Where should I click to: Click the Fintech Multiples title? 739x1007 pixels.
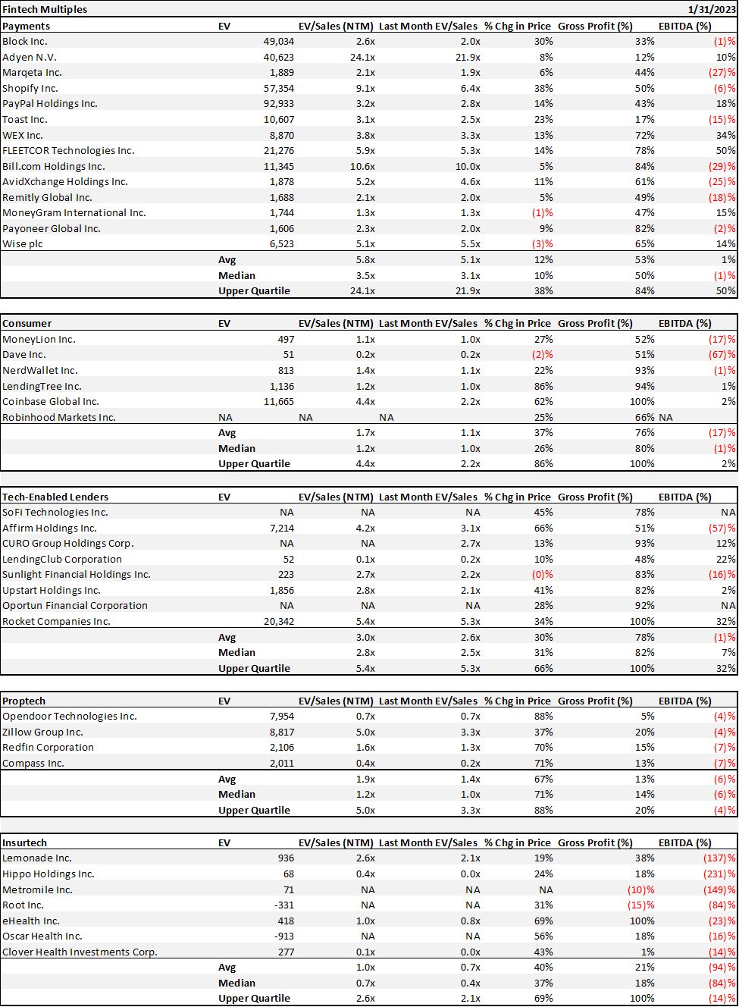tap(45, 9)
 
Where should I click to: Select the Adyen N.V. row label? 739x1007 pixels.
tap(30, 57)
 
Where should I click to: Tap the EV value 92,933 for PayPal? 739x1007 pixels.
tap(278, 104)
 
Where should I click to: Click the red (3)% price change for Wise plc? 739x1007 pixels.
tap(542, 244)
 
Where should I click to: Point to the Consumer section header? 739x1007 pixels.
tap(27, 323)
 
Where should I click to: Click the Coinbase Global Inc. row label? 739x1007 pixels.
tap(51, 402)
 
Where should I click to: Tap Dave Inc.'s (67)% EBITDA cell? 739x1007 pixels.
tap(722, 355)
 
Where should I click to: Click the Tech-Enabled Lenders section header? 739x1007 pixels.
tap(55, 497)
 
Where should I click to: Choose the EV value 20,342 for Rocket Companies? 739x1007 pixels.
tap(278, 622)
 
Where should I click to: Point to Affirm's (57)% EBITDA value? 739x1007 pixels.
tap(722, 528)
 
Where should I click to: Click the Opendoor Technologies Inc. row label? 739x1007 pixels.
tap(70, 717)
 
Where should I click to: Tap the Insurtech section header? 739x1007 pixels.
tap(24, 842)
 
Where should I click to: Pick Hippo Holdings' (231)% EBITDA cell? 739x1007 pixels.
tap(719, 874)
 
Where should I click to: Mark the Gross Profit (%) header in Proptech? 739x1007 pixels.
tap(595, 701)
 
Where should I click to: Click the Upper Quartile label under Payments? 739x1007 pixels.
tap(254, 291)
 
